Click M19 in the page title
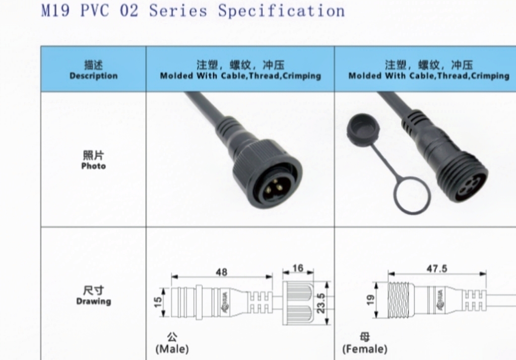point(55,11)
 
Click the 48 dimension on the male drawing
point(222,272)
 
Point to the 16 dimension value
point(298,268)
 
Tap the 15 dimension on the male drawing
point(158,303)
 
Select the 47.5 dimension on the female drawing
point(436,269)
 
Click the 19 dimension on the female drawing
point(370,300)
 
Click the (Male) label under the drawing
point(172,348)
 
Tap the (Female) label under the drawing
point(365,349)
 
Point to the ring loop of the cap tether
point(412,196)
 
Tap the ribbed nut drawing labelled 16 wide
point(298,303)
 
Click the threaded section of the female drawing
point(404,303)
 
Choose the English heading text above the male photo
point(240,76)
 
